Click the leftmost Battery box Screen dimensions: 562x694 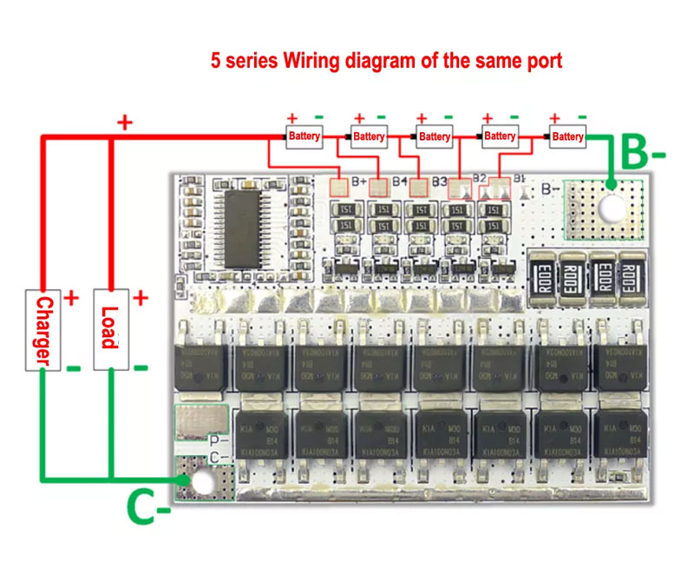tap(304, 136)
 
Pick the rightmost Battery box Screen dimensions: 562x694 tap(567, 136)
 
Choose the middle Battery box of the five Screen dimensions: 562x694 tap(434, 136)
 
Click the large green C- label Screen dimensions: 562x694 tap(147, 509)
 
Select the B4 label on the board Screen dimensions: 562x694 tap(400, 182)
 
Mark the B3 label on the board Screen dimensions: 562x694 tap(439, 182)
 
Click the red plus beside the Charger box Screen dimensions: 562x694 tap(71, 298)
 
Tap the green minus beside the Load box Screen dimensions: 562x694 tap(140, 367)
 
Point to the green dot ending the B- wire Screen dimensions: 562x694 tap(612, 183)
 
